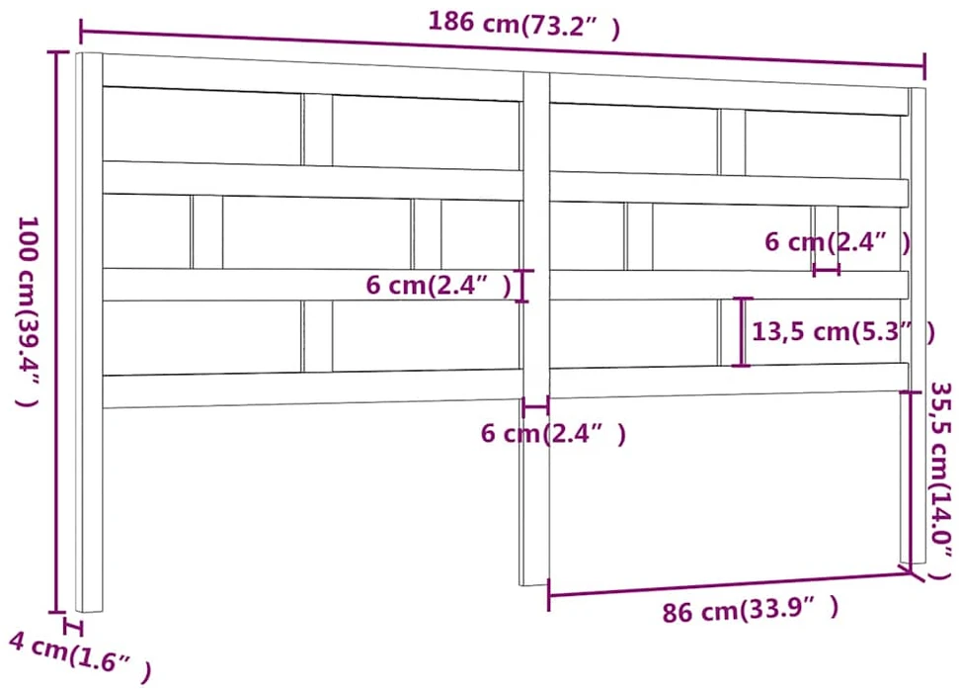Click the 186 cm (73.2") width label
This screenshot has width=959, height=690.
[523, 24]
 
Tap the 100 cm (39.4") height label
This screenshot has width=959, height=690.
[27, 311]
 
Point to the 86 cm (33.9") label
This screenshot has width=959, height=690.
[751, 609]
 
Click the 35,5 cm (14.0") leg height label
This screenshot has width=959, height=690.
[940, 480]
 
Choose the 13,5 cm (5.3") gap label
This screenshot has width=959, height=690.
[843, 331]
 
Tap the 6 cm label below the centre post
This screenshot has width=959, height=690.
[553, 433]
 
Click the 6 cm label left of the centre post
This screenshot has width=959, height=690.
[439, 285]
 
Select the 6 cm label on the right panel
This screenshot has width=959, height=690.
[838, 242]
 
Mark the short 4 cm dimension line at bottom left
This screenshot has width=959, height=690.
[73, 628]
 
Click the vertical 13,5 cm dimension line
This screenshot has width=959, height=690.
[742, 332]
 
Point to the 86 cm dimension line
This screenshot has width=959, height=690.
[730, 584]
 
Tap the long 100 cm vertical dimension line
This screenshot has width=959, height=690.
[57, 332]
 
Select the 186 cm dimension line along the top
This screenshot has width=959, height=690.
[502, 47]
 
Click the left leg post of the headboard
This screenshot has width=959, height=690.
[89, 332]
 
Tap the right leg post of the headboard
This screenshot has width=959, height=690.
[917, 324]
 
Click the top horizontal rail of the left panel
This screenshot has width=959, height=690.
[312, 77]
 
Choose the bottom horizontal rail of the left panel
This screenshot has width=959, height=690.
[312, 388]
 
